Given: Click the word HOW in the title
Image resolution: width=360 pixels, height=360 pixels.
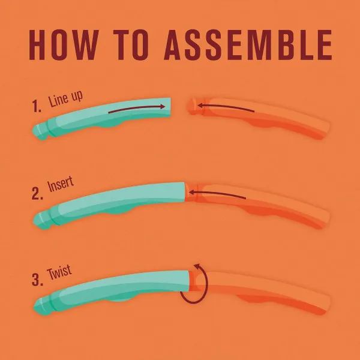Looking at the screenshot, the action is [64, 45].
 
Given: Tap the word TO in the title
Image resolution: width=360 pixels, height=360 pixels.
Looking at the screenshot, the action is [131, 45].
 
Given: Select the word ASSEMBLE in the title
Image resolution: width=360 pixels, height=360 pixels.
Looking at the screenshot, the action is [248, 45].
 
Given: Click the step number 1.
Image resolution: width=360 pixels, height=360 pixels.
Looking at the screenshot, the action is [37, 106].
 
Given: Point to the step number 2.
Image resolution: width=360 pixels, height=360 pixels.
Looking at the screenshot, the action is [37, 193].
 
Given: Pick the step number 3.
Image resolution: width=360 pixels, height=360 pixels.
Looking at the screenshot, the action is [37, 280].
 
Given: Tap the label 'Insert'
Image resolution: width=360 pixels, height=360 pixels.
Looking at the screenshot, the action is [61, 184].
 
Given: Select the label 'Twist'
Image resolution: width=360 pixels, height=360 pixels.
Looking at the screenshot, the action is [59, 272].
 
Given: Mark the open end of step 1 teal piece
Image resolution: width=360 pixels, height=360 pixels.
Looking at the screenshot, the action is [170, 107].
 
